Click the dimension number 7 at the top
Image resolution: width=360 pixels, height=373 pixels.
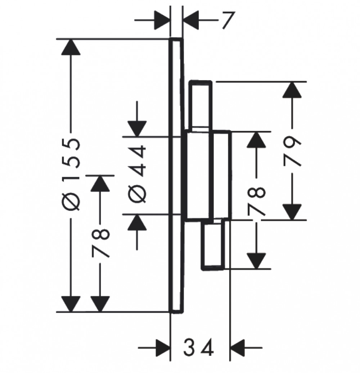(228, 20)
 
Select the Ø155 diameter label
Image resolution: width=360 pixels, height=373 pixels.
(71, 175)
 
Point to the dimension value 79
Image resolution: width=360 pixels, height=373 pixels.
(292, 151)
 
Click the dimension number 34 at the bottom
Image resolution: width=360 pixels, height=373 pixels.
(198, 347)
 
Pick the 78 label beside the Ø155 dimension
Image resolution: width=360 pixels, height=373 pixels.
(100, 243)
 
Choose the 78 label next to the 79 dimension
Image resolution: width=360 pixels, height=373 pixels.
(256, 201)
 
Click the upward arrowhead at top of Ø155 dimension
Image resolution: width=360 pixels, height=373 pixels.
(71, 47)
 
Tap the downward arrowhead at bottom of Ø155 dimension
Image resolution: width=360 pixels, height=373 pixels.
(71, 304)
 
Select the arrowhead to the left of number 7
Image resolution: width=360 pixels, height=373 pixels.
(162, 20)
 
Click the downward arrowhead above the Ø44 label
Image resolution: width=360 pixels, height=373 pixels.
(137, 129)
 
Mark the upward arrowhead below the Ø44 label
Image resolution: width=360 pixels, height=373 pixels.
(137, 222)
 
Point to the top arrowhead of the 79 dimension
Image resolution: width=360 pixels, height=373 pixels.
(292, 90)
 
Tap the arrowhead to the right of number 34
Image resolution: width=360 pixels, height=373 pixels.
(238, 348)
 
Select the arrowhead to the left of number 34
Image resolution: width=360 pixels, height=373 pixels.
(163, 348)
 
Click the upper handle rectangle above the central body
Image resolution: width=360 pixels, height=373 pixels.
(200, 106)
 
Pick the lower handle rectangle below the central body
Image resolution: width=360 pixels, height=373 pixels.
(213, 245)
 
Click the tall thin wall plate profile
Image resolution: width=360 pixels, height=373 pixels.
(176, 175)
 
